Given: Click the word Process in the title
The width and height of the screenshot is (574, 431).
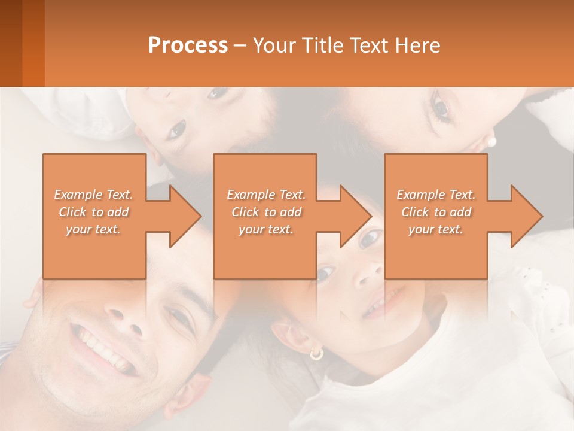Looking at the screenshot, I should click(x=188, y=45).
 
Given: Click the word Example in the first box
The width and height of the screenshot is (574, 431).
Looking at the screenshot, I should click(x=77, y=195).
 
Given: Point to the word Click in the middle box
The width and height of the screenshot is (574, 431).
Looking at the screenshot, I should click(x=244, y=212).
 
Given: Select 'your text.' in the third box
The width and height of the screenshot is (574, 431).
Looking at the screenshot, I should click(x=436, y=229).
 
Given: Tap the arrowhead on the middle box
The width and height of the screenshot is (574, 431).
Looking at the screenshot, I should click(x=355, y=216).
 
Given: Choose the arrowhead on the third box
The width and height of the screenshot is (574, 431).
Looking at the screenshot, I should click(x=526, y=216).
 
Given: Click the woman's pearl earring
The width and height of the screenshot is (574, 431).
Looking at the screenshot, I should click(x=492, y=142).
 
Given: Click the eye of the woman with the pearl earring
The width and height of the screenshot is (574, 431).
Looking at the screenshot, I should click(x=441, y=108).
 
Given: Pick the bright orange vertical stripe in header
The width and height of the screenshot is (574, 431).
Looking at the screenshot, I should click(x=33, y=43).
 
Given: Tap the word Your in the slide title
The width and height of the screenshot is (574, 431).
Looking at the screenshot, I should click(x=274, y=45).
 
